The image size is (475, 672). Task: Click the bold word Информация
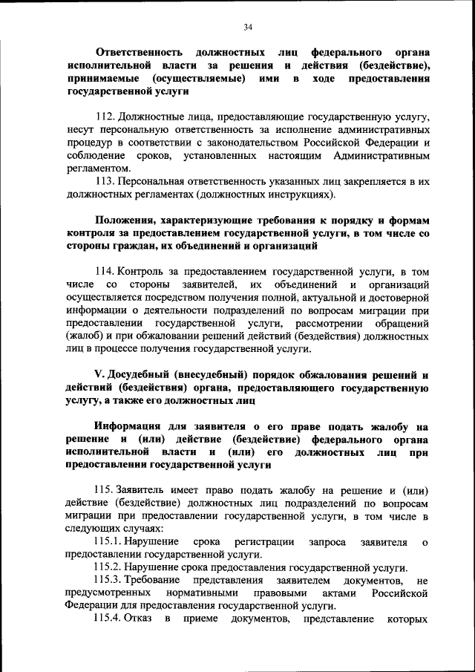tap(132, 427)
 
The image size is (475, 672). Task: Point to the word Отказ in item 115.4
tap(139, 620)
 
